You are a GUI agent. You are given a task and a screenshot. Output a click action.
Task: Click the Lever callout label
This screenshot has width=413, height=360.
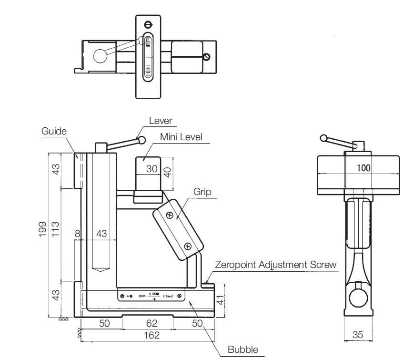161,121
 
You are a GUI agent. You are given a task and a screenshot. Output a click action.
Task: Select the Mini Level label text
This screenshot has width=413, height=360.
181,137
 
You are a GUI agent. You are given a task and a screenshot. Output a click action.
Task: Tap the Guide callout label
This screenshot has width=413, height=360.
54,131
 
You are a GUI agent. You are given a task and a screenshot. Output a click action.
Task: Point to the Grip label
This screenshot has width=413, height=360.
202,192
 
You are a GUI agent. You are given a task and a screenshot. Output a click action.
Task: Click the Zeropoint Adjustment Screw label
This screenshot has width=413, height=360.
276,265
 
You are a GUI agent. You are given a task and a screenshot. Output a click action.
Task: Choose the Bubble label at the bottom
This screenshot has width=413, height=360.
242,350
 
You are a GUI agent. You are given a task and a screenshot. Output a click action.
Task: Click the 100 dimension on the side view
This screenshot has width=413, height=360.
363,168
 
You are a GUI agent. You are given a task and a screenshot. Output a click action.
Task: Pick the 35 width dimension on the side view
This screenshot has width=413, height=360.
357,335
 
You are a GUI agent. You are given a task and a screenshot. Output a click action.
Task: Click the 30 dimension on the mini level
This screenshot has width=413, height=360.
151,169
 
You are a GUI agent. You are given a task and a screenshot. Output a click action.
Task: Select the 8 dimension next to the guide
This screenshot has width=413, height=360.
77,234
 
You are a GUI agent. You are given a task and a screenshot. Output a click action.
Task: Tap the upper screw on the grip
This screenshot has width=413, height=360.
169,216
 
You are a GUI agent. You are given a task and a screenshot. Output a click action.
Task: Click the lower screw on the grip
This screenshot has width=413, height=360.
187,246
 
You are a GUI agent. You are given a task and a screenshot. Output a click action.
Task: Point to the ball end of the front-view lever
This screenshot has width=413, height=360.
141,140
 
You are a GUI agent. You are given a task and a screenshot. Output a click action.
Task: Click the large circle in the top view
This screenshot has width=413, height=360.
100,56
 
